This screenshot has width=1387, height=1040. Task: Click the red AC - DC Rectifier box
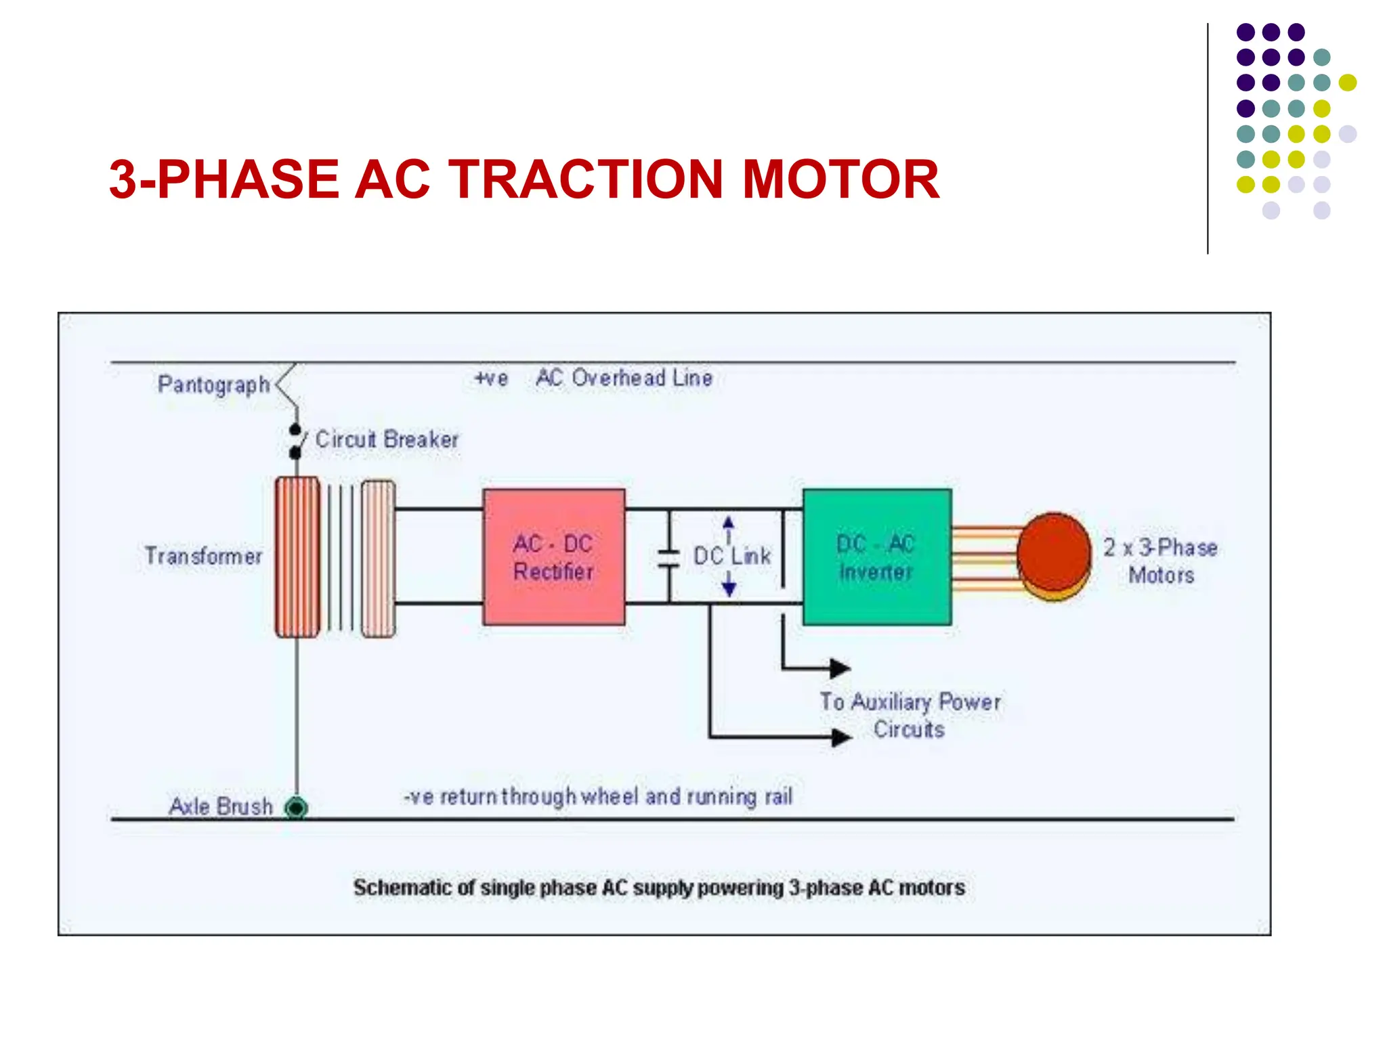click(553, 557)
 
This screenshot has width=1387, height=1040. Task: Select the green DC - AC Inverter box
click(876, 557)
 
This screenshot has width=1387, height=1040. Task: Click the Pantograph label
click(213, 385)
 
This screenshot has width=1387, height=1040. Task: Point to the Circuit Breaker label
click(387, 439)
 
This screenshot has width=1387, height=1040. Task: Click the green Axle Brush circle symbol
click(296, 808)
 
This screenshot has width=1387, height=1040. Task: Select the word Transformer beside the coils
click(203, 556)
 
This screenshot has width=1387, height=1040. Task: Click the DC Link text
click(732, 557)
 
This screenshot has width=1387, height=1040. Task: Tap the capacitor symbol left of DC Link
click(669, 557)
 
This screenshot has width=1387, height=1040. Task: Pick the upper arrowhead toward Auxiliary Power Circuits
click(840, 668)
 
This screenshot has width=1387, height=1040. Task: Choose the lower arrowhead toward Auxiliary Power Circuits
click(841, 737)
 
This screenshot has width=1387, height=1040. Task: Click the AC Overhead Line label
click(624, 378)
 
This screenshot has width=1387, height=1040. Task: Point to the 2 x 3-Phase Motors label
click(1160, 561)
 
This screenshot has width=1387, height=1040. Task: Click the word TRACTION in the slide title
click(586, 179)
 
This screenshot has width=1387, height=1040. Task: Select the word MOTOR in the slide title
click(840, 179)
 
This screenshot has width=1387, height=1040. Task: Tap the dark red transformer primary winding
click(297, 557)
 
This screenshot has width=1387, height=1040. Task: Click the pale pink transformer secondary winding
click(378, 558)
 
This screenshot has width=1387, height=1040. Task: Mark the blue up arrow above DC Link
click(728, 523)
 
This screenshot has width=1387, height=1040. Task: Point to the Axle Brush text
click(221, 806)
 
